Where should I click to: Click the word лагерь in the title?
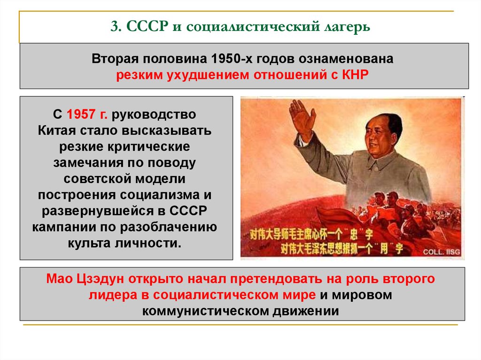click(x=346, y=27)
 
